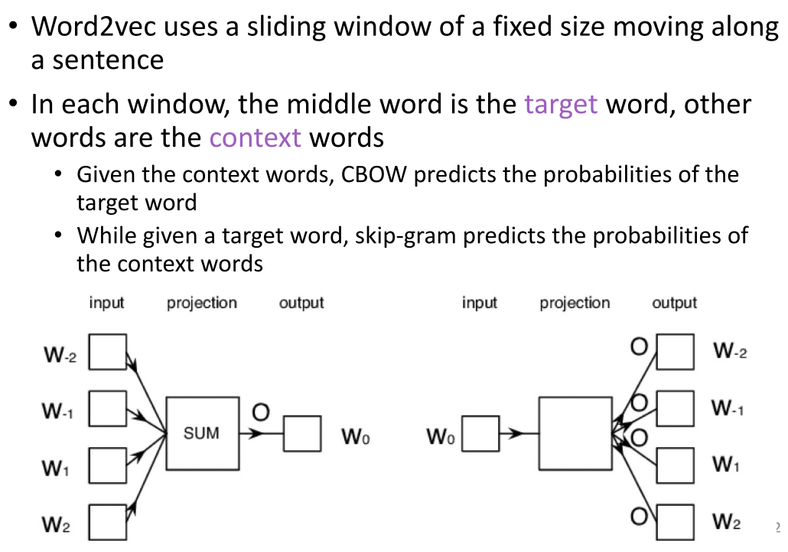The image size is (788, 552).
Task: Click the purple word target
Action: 561,104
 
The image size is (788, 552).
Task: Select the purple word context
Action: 256,138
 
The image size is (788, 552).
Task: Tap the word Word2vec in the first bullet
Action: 92,28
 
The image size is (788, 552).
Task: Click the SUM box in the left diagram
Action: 201,433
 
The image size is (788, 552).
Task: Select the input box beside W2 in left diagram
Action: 107,524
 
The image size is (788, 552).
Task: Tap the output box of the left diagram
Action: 302,433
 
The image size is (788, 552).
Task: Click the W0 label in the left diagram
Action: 356,438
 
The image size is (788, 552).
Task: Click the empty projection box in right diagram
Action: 574,433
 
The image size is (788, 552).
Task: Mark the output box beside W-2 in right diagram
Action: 676,352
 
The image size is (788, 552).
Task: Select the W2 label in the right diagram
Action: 726,523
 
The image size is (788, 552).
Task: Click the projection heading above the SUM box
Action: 202,303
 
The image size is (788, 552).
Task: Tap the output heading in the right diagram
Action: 674,303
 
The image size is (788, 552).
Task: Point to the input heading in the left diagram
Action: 106,303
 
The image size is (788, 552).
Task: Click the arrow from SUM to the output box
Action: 260,433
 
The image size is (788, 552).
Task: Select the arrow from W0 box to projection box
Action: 519,433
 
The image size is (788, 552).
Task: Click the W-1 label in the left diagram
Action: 57,411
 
